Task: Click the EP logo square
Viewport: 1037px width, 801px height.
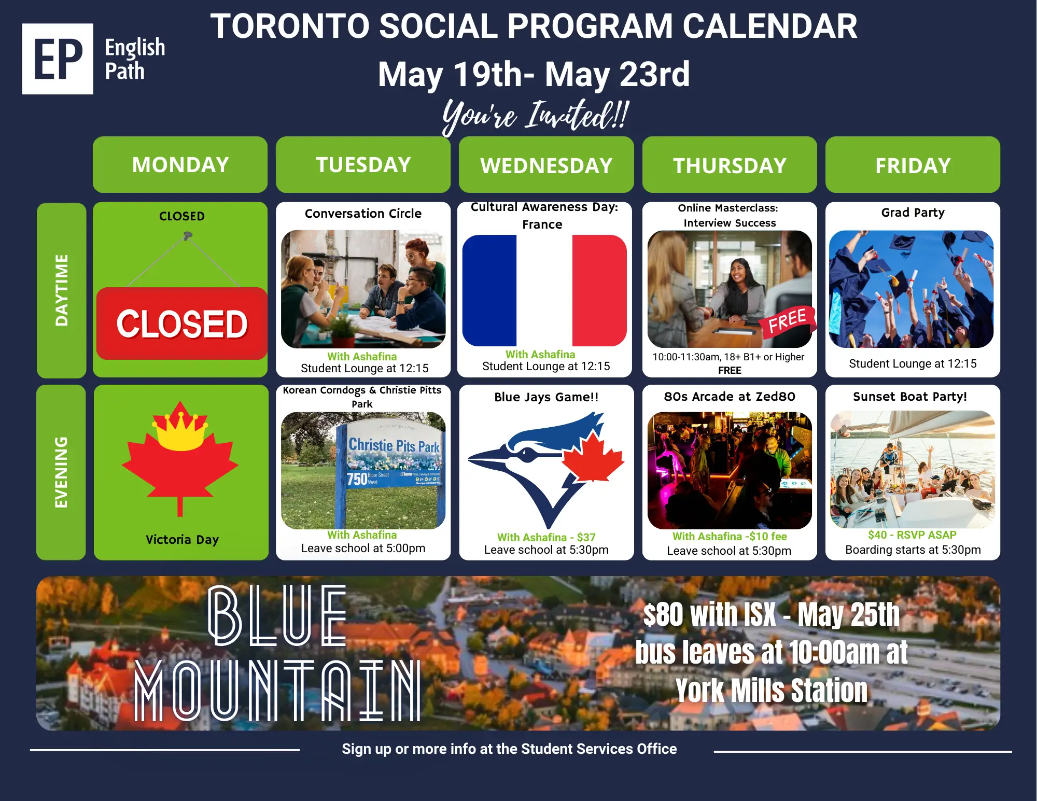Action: pyautogui.click(x=58, y=59)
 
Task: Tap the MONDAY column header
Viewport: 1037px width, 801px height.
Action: pyautogui.click(x=180, y=165)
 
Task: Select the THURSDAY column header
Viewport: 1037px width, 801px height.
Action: pyautogui.click(x=730, y=165)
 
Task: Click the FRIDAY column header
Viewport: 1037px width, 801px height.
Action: pyautogui.click(x=913, y=165)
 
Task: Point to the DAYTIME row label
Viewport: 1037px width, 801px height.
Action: pyautogui.click(x=62, y=290)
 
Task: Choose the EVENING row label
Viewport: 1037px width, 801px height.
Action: pyautogui.click(x=61, y=472)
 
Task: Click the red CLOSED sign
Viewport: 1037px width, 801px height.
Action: pyautogui.click(x=182, y=324)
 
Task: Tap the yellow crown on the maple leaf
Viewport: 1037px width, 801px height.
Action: pyautogui.click(x=180, y=430)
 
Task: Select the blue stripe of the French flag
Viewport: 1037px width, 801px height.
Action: pyautogui.click(x=489, y=290)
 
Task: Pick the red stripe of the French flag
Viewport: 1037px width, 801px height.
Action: pyautogui.click(x=599, y=290)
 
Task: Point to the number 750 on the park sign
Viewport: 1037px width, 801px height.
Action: pyautogui.click(x=357, y=479)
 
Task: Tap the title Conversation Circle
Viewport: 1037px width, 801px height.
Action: pyautogui.click(x=363, y=214)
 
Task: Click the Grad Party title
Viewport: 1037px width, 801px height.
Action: pyautogui.click(x=913, y=213)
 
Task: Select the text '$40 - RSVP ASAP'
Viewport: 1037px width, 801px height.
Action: pyautogui.click(x=912, y=535)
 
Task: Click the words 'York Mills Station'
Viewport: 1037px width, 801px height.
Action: pyautogui.click(x=772, y=691)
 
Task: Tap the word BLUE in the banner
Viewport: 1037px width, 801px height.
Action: pyautogui.click(x=277, y=615)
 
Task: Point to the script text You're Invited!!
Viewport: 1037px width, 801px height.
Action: pyautogui.click(x=536, y=116)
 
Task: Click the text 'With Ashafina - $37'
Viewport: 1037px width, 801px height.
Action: pyautogui.click(x=546, y=538)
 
